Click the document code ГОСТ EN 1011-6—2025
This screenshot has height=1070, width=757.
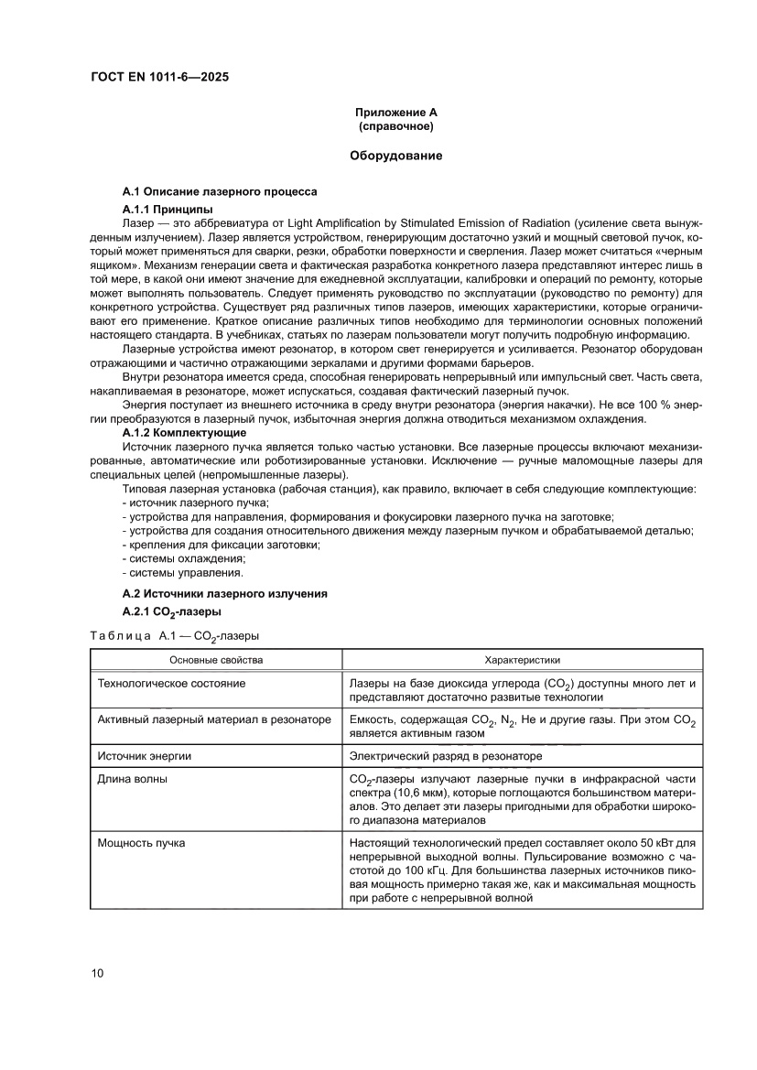click(x=160, y=77)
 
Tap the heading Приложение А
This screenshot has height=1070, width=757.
click(x=396, y=112)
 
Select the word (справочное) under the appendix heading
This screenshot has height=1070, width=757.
click(x=396, y=125)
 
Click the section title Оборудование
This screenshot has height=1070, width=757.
click(x=396, y=156)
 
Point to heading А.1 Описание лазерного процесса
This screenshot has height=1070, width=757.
click(x=220, y=192)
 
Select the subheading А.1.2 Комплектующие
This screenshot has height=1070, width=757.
click(x=184, y=431)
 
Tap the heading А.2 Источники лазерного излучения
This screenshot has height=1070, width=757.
click(x=224, y=594)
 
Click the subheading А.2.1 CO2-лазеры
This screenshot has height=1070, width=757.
click(x=171, y=612)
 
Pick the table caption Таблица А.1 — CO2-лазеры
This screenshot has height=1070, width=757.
click(x=174, y=634)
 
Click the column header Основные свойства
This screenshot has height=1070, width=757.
click(x=217, y=659)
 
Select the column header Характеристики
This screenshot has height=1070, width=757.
click(x=522, y=659)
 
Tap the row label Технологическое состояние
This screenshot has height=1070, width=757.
click(x=171, y=683)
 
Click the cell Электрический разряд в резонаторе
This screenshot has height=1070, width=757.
click(x=446, y=756)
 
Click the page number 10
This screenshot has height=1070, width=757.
click(x=98, y=973)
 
